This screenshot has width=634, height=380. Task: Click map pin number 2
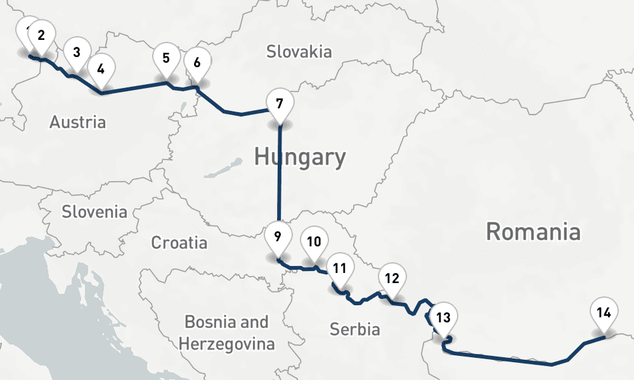tap(41, 35)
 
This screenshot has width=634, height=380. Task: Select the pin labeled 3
tap(76, 53)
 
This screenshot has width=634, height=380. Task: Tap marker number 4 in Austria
tap(101, 66)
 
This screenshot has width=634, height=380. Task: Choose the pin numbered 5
tap(165, 58)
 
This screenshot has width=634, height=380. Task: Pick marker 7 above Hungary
tap(280, 102)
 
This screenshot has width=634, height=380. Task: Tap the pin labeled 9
tap(278, 237)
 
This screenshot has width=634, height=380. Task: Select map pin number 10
tap(314, 241)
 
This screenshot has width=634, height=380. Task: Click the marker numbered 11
tap(340, 268)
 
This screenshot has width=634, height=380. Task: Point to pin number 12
tap(392, 277)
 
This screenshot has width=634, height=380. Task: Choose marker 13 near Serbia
tap(444, 317)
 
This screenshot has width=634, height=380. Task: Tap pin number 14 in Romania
tap(604, 312)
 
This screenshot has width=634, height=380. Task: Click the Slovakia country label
tap(299, 51)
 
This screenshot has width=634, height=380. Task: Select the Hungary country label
tap(300, 156)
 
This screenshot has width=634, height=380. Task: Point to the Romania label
tap(533, 232)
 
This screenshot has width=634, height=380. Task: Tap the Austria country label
tap(77, 122)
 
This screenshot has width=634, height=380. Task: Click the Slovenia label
tap(94, 212)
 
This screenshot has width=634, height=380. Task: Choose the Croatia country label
tap(179, 242)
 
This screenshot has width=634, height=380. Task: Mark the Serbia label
tap(354, 329)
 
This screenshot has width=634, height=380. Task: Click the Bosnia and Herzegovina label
tap(226, 333)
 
